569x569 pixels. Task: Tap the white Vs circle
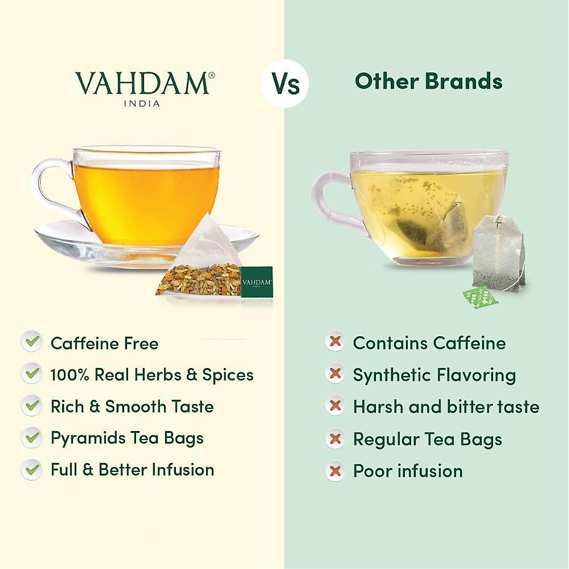[x=285, y=84]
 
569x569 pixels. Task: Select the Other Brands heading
[x=428, y=81]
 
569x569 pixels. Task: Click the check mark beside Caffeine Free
[x=32, y=342]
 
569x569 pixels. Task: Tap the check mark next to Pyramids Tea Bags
[x=32, y=438]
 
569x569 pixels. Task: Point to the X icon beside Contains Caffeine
[x=335, y=341]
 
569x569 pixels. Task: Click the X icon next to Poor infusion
[x=335, y=471]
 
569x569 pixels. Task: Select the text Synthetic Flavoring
[x=434, y=375]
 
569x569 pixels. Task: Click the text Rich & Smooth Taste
[x=132, y=406]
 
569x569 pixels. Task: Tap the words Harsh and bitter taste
[x=446, y=407]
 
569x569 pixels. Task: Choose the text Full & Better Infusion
[x=132, y=470]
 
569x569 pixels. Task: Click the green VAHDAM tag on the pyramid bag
[x=257, y=282]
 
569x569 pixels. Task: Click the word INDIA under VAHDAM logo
[x=142, y=103]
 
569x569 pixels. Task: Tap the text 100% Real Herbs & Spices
[x=152, y=375]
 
